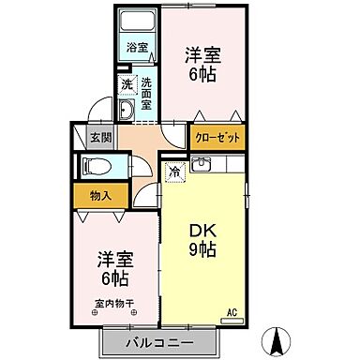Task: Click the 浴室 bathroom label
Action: tap(137, 45)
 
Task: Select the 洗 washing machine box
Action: tap(127, 85)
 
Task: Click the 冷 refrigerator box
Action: tap(174, 171)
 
